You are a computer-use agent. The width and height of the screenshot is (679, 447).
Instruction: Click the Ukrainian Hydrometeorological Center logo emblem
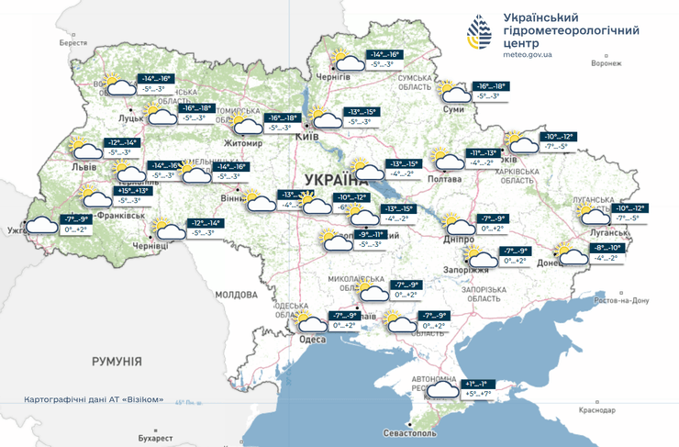coord(479,36)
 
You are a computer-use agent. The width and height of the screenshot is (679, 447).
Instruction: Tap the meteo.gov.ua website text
coord(529,54)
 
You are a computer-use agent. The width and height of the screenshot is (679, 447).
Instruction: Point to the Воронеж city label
coord(606,63)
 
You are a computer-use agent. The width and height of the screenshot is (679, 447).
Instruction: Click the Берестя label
coord(72,43)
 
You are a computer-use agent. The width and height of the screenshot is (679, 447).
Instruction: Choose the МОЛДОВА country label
coord(236,295)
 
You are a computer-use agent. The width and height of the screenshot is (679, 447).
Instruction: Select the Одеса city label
coord(313,340)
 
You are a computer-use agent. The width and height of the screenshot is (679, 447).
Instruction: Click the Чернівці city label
coord(150,246)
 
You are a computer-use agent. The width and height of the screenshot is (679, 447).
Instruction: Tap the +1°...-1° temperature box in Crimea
coord(477,383)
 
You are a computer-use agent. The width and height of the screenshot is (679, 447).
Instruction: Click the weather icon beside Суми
coord(453,92)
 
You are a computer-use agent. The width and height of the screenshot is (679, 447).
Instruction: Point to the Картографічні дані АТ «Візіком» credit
coord(95,399)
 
